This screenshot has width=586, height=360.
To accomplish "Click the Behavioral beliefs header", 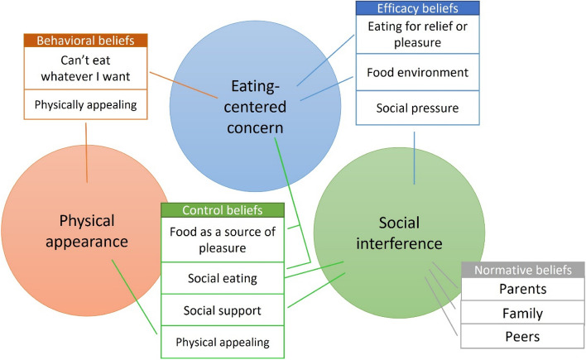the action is [x=85, y=41].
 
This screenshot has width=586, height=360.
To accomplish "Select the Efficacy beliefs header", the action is [x=417, y=8].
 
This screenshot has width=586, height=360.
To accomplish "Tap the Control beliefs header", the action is [x=223, y=210].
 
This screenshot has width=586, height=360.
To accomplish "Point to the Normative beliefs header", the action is [x=523, y=270].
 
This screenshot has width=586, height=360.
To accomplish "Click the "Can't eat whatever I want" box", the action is [x=85, y=68].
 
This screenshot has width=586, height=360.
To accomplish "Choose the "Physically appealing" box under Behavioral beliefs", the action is [x=85, y=104].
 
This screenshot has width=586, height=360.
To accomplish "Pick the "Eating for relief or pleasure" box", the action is [x=417, y=35].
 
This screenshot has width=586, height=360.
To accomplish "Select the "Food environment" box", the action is [x=417, y=72].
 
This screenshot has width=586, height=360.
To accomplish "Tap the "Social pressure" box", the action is [x=417, y=108].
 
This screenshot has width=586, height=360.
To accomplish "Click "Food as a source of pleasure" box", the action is [x=223, y=240].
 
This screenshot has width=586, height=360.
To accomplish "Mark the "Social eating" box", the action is [x=223, y=278].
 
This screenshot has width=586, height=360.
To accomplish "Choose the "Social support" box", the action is [x=223, y=310].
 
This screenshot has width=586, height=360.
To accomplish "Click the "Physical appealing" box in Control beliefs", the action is [x=223, y=342].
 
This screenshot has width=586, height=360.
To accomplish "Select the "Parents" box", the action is [x=523, y=289].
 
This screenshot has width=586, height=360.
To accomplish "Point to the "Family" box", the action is [x=523, y=313].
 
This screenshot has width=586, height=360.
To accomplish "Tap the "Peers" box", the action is [x=523, y=337].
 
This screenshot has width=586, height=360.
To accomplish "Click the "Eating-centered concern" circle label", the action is [x=255, y=107].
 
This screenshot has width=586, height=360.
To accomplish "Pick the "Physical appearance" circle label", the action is [x=87, y=231].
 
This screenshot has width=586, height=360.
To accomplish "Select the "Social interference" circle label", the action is [x=399, y=233].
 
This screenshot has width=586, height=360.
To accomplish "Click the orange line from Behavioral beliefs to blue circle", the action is [x=184, y=85].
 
